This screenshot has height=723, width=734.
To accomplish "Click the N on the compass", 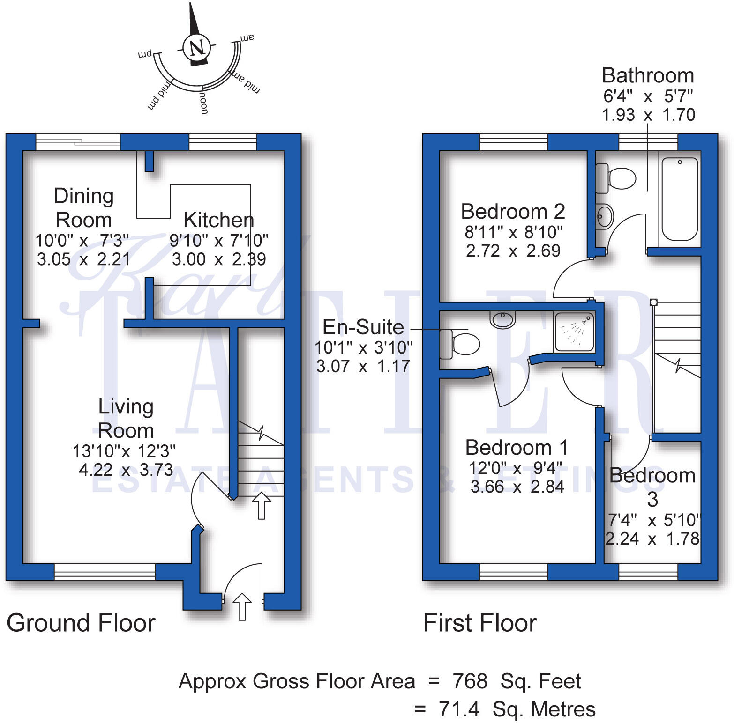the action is [197, 47].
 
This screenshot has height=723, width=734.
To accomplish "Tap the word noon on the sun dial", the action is [203, 103].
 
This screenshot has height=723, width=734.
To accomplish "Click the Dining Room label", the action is [84, 208].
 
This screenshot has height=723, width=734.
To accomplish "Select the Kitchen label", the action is [218, 220].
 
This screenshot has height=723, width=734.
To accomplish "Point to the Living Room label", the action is [126, 418].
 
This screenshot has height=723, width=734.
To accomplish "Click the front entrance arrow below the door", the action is [242, 606].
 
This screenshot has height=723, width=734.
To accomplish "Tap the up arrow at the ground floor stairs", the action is [261, 505].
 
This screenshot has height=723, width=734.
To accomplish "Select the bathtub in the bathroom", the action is [680, 199].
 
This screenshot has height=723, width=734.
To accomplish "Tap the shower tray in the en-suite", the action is [574, 332].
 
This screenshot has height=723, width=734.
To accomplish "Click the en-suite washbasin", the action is [502, 320].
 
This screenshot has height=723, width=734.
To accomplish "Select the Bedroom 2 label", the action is [513, 212].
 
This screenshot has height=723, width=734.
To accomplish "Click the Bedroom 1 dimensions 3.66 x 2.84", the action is [517, 487].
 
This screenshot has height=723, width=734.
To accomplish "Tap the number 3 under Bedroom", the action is [652, 500].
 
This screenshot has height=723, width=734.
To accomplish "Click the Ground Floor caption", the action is [81, 623].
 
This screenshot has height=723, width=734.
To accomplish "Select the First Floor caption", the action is [479, 623].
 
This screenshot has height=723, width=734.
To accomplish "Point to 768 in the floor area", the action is [470, 681].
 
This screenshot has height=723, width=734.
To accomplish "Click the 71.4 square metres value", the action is [459, 709].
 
